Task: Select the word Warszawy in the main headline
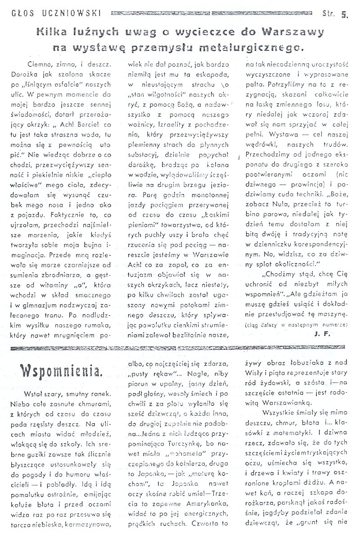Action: tap(303, 32)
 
